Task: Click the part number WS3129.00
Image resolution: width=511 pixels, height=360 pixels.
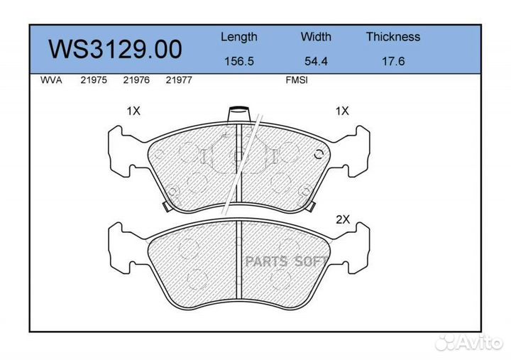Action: pos(115,49)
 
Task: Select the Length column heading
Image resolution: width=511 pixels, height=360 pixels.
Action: pos(239,37)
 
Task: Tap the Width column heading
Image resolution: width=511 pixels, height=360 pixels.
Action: pos(316,36)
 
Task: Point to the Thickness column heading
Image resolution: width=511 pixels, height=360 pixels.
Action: pos(393,36)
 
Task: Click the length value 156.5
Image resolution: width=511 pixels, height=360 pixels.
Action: pos(239,61)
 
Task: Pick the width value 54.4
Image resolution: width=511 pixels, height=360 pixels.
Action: pos(316,61)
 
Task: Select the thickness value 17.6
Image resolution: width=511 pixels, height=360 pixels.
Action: pos(393,61)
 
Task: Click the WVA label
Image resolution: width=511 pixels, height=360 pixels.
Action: pos(51,80)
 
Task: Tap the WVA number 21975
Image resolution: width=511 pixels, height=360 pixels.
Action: pos(94,80)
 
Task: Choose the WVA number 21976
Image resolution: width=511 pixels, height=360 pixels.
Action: pos(136,80)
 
